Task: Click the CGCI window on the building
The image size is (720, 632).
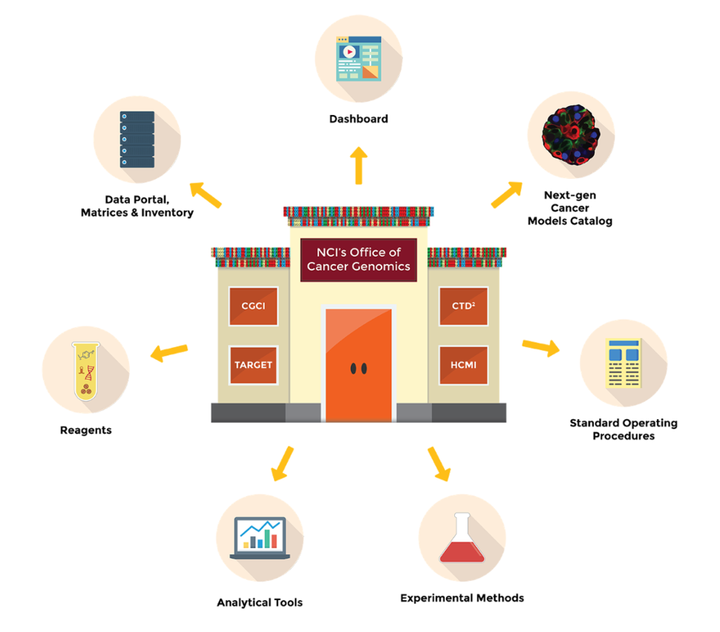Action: pyautogui.click(x=253, y=306)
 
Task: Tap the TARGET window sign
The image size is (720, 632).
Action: pyautogui.click(x=253, y=365)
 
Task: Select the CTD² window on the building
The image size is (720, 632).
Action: pyautogui.click(x=463, y=306)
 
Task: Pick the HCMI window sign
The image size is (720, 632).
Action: pyautogui.click(x=463, y=365)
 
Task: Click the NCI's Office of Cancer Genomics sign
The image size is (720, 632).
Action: pyautogui.click(x=359, y=260)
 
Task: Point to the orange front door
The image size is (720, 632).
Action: pyautogui.click(x=359, y=364)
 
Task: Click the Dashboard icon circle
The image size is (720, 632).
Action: pyautogui.click(x=359, y=59)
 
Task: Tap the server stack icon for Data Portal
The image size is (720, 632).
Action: pyautogui.click(x=137, y=139)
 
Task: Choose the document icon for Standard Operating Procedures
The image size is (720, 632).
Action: pyautogui.click(x=624, y=363)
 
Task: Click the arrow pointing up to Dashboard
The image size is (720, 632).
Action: pyautogui.click(x=359, y=165)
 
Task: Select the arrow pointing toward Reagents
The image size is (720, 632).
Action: pyautogui.click(x=168, y=352)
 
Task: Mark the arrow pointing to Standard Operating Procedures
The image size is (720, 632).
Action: pyautogui.click(x=541, y=346)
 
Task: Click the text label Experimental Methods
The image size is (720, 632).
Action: pyautogui.click(x=462, y=598)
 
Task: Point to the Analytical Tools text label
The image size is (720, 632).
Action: pyautogui.click(x=260, y=602)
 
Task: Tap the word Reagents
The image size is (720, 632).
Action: pyautogui.click(x=85, y=430)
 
